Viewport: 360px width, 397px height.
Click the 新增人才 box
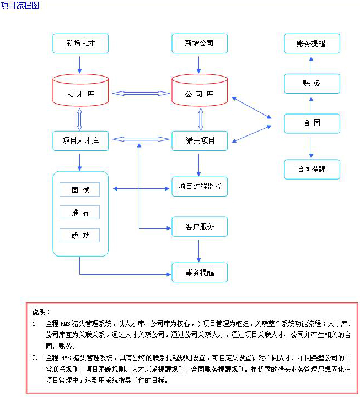(x=80, y=43)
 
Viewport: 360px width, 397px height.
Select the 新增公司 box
(x=200, y=43)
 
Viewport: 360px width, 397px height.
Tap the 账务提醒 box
(x=312, y=43)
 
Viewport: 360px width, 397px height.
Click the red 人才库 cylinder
(x=80, y=90)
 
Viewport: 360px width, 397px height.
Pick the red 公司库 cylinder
(x=200, y=90)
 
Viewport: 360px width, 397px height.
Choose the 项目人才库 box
(x=80, y=141)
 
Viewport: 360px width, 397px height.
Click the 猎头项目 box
(x=200, y=141)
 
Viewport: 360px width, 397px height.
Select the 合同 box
(x=312, y=123)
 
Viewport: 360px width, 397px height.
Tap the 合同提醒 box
(x=312, y=170)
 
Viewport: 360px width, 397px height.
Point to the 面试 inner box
(x=79, y=189)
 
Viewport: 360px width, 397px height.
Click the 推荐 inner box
(x=79, y=212)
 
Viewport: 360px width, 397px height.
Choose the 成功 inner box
(x=79, y=235)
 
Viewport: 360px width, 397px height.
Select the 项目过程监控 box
(x=200, y=187)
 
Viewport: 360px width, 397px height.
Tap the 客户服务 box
(x=200, y=227)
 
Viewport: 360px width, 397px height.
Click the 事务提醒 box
(x=200, y=273)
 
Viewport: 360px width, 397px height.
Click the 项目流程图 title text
(x=20, y=5)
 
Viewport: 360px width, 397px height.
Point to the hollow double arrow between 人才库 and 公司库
(x=141, y=94)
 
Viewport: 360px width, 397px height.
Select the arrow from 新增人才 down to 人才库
(x=79, y=65)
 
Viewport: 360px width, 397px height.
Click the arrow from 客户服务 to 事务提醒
(x=199, y=251)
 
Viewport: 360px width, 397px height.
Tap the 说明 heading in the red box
(x=41, y=312)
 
